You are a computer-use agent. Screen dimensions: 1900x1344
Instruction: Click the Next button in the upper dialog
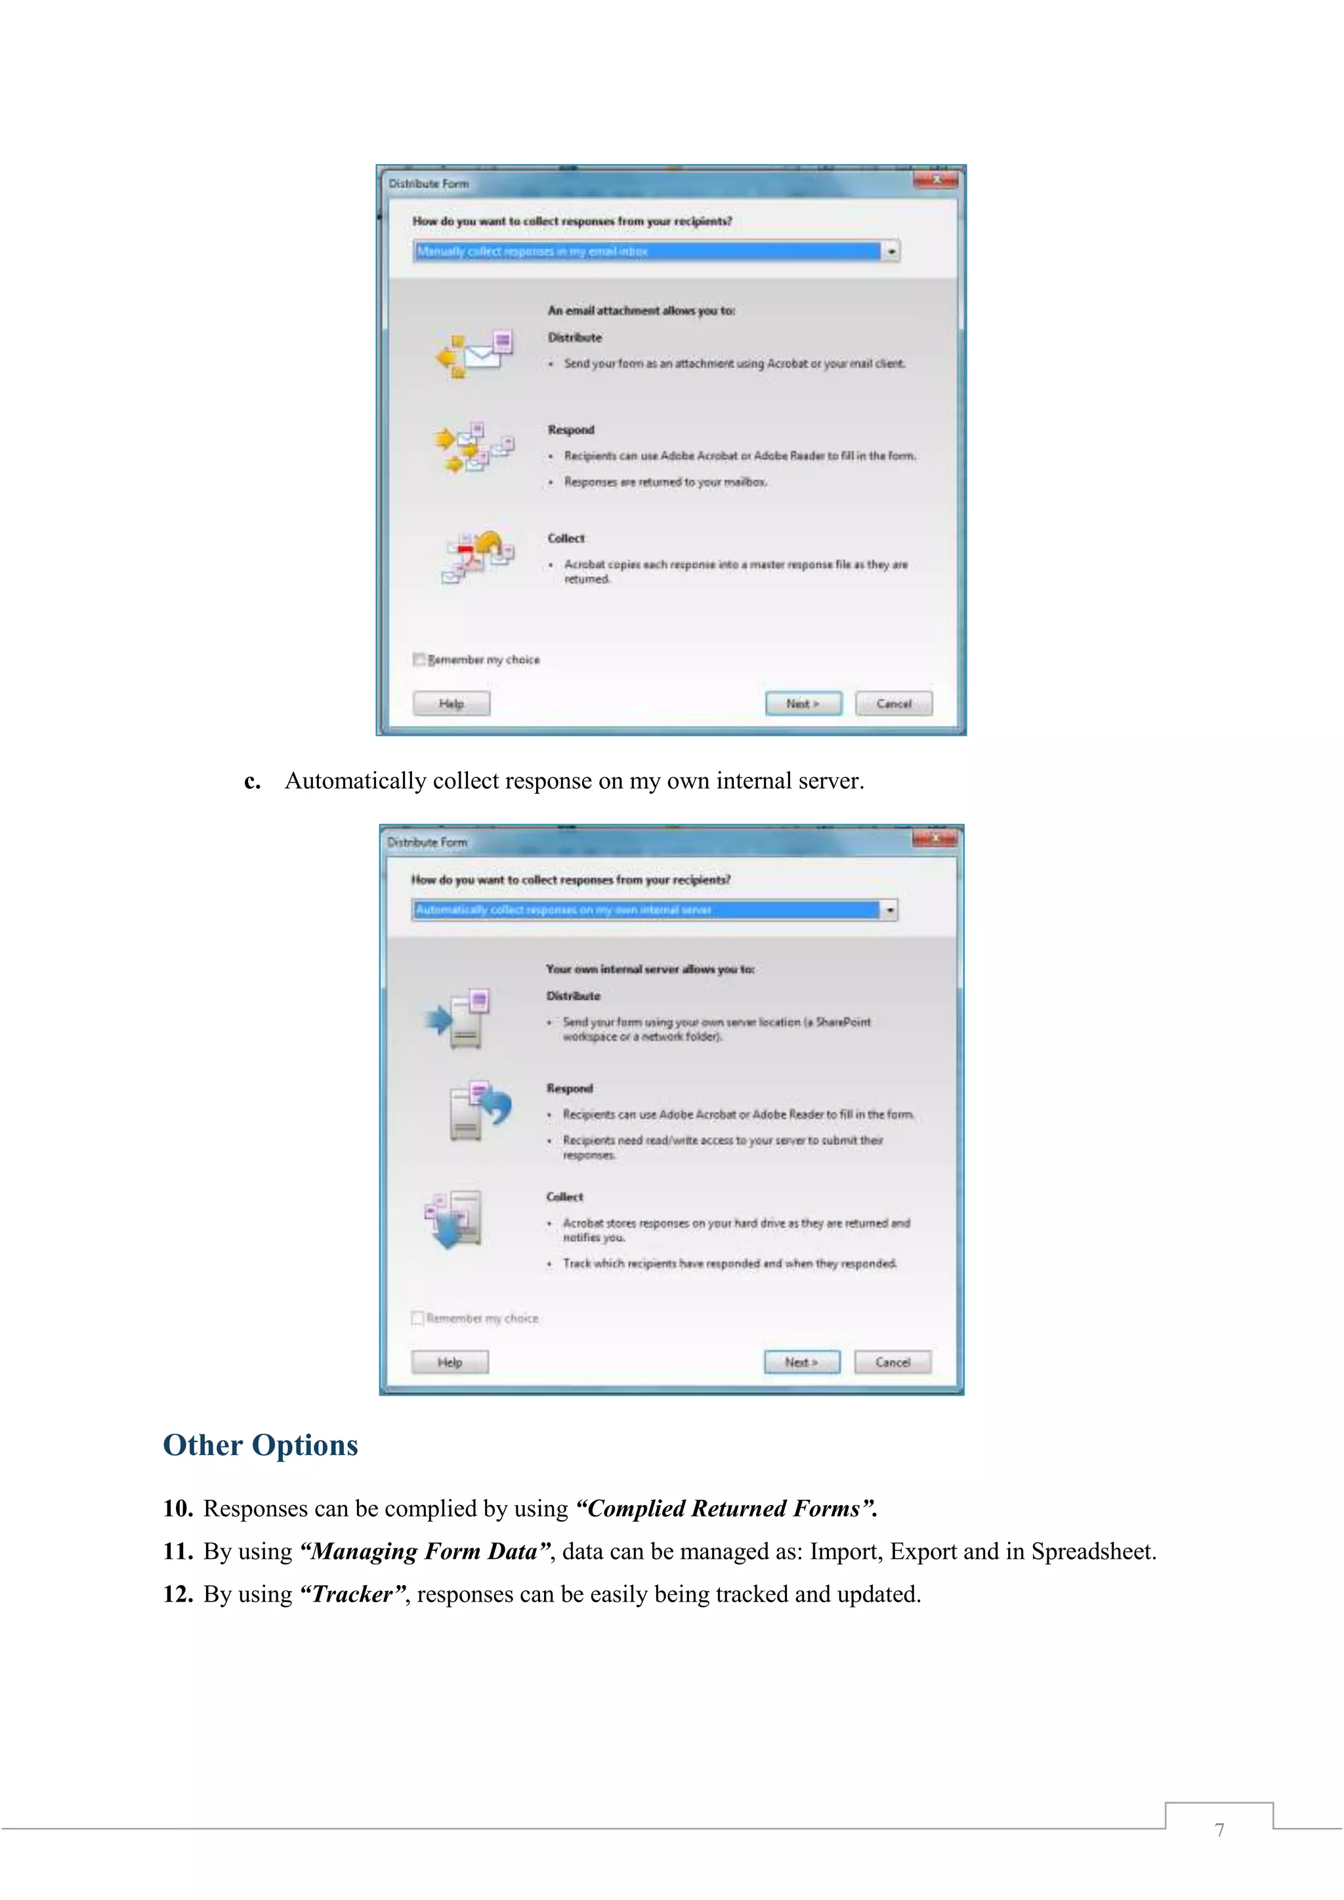point(803,703)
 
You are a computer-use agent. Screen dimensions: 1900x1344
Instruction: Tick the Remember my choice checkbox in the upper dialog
point(419,659)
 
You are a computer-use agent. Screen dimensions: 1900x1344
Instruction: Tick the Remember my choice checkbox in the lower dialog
point(418,1317)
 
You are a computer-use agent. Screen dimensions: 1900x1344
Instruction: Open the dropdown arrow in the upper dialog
point(891,251)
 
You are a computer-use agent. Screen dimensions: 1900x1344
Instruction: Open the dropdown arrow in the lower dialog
point(890,909)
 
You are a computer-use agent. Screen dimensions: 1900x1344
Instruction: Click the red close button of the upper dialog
point(936,180)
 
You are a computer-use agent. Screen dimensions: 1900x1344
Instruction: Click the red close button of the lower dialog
point(934,839)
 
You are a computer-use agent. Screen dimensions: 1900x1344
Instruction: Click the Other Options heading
point(260,1445)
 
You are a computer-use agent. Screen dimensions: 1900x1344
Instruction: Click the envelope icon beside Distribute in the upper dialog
point(475,354)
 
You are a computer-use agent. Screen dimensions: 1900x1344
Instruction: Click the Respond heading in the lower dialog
point(570,1088)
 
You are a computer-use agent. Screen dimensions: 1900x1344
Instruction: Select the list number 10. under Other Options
point(178,1508)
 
